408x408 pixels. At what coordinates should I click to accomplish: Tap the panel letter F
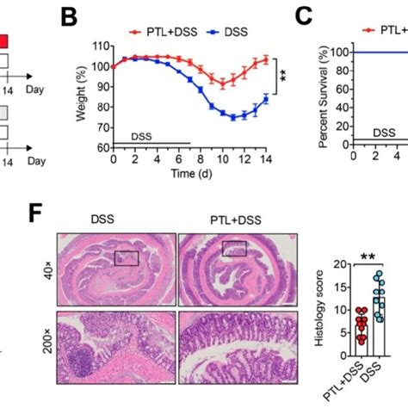[37, 213]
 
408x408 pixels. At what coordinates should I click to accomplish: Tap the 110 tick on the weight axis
[104, 46]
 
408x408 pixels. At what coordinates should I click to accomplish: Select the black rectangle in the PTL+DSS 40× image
[233, 249]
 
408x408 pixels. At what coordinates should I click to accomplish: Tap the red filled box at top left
[4, 40]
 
